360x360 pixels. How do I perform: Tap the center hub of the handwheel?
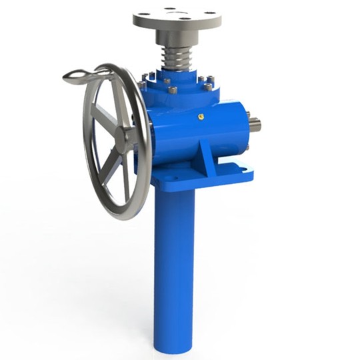point(125,139)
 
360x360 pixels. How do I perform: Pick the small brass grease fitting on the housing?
point(199,116)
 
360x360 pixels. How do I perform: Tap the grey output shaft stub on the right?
point(255,124)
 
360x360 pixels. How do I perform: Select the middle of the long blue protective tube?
point(175,267)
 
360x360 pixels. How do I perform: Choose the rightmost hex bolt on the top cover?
point(208,86)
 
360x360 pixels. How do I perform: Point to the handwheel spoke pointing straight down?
point(126,177)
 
